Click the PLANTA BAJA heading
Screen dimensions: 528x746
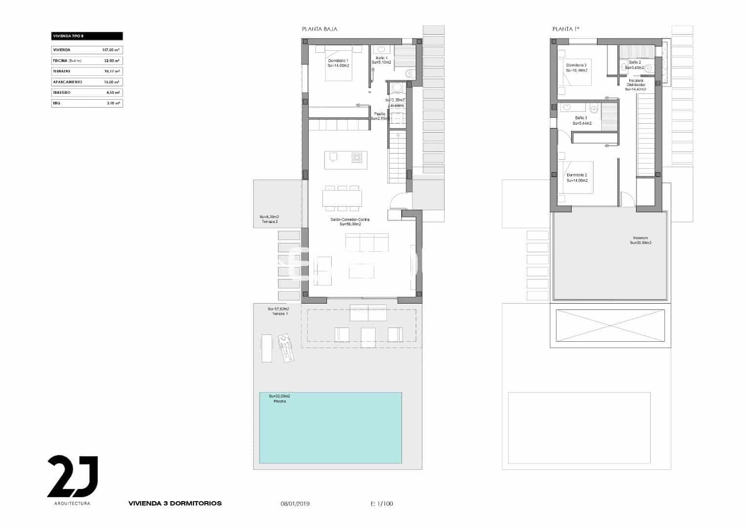[320, 29]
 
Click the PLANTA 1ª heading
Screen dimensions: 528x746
[565, 29]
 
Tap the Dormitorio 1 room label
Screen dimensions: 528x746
[338, 60]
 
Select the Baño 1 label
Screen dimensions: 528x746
[382, 58]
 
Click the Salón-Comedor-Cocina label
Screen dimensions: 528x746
[350, 220]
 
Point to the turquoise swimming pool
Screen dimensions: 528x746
[330, 428]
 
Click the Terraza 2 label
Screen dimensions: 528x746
[270, 222]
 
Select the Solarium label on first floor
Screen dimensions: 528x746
[640, 238]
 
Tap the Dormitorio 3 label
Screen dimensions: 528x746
[576, 65]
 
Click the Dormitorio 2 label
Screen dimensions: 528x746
[577, 175]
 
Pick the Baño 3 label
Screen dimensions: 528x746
[581, 118]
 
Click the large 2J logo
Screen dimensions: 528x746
[72, 476]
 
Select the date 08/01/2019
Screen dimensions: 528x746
[295, 504]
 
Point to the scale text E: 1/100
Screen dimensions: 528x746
[382, 504]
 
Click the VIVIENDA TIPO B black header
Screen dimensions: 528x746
[87, 36]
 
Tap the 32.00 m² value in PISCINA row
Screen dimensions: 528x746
[112, 61]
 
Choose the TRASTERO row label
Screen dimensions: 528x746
[62, 92]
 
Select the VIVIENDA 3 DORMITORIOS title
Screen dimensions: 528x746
[175, 503]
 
